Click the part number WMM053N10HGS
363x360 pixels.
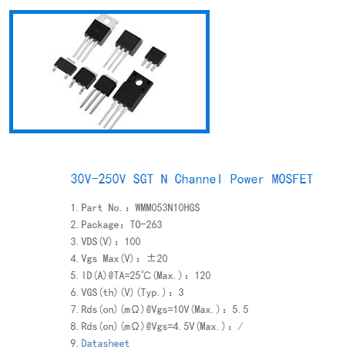[167, 207]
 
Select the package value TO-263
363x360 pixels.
[146, 224]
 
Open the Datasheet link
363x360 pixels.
[106, 343]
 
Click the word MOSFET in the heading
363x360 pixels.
[292, 179]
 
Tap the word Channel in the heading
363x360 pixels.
[198, 179]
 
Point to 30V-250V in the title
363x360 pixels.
[98, 179]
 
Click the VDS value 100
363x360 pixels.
[133, 241]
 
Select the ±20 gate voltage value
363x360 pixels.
[157, 258]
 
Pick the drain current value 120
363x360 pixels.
[203, 275]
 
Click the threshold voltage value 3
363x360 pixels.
[181, 292]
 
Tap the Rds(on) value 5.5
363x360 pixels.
[240, 309]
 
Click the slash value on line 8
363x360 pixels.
[240, 326]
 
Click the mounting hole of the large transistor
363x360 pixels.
[139, 82]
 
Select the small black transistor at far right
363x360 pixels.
[154, 58]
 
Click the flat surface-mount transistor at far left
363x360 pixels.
[65, 66]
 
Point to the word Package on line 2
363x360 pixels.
[100, 224]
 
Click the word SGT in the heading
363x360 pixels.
[143, 179]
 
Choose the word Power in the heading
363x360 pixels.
[247, 179]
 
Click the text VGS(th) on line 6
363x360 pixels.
[99, 292]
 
